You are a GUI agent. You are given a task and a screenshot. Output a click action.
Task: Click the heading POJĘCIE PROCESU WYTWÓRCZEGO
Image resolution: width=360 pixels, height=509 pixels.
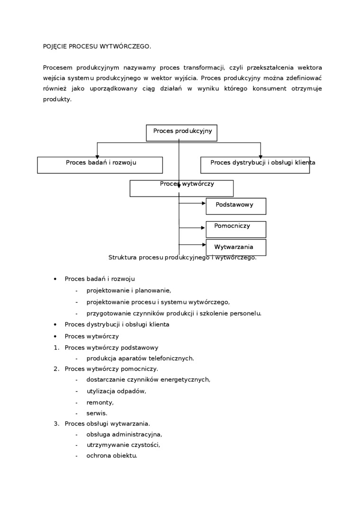click(97, 46)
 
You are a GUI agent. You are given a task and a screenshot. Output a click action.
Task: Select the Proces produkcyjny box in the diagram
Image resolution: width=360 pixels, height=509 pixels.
click(181, 133)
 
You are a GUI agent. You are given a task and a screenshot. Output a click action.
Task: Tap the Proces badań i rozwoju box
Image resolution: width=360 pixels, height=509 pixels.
click(100, 165)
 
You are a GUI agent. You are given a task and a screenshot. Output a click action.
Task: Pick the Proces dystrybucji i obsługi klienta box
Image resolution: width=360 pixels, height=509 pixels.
click(255, 165)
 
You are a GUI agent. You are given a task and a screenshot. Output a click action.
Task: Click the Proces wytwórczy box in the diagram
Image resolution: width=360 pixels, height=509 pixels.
click(181, 188)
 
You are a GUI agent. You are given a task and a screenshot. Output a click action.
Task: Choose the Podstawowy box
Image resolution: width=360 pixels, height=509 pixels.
click(235, 206)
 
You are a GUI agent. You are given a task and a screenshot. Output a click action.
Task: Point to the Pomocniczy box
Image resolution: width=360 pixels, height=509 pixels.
click(235, 229)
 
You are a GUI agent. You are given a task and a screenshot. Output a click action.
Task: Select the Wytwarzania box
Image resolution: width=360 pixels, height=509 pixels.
click(235, 247)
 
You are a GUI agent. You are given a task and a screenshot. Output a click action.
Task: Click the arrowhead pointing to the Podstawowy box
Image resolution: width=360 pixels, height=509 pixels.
click(203, 204)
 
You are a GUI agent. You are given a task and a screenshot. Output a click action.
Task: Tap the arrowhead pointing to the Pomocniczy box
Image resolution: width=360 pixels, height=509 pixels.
click(203, 228)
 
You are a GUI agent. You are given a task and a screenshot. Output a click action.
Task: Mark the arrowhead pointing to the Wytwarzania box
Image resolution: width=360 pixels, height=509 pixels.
click(203, 245)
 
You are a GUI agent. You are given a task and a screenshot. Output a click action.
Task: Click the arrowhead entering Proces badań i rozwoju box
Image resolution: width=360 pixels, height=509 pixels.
click(97, 156)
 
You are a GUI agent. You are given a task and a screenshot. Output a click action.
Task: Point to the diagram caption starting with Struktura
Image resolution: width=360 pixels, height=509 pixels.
click(182, 258)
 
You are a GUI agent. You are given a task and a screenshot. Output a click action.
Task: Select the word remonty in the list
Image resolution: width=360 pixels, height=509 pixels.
click(100, 402)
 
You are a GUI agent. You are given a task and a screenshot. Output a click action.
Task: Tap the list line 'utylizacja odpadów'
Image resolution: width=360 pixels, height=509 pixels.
click(116, 391)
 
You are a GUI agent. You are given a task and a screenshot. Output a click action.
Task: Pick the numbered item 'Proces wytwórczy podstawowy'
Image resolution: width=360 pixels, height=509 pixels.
click(111, 348)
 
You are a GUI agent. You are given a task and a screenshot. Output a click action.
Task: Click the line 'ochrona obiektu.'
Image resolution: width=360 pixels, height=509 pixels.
click(111, 455)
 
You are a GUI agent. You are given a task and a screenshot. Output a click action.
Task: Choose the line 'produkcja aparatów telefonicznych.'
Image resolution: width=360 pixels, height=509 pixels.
click(140, 358)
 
